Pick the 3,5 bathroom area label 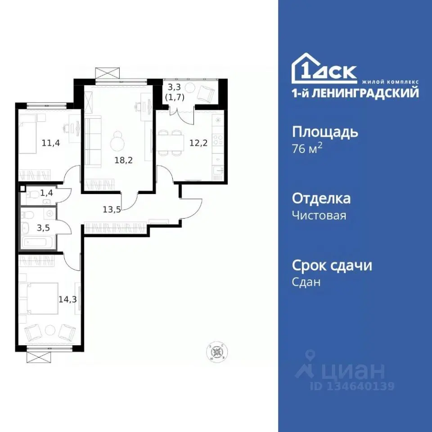[x=44, y=227]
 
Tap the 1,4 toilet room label [x=46, y=193]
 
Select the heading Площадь [x=325, y=132]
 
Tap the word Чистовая [x=319, y=216]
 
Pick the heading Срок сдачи [x=332, y=265]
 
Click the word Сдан [x=306, y=282]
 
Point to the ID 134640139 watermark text [x=352, y=386]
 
